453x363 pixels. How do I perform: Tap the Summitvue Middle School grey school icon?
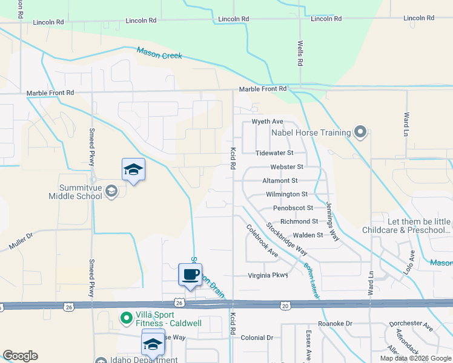coord(111,192)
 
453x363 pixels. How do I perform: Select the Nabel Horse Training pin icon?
coord(360,132)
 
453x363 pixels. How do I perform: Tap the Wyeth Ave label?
coord(268,122)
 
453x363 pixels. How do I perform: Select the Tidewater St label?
coord(274,153)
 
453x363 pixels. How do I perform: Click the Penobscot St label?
coord(293,208)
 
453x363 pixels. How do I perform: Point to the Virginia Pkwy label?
coord(268,275)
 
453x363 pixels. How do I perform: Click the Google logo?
coord(20,356)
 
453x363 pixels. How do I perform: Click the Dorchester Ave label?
coord(415,326)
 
